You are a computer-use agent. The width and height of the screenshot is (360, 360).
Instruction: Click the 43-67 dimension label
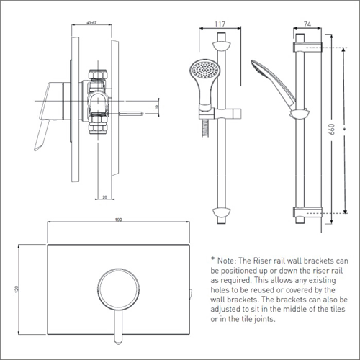90,22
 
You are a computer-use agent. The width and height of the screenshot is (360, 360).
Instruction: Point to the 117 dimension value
220,23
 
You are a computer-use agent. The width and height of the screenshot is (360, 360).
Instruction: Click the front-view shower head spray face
202,73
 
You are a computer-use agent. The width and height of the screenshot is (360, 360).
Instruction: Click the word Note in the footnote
230,259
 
